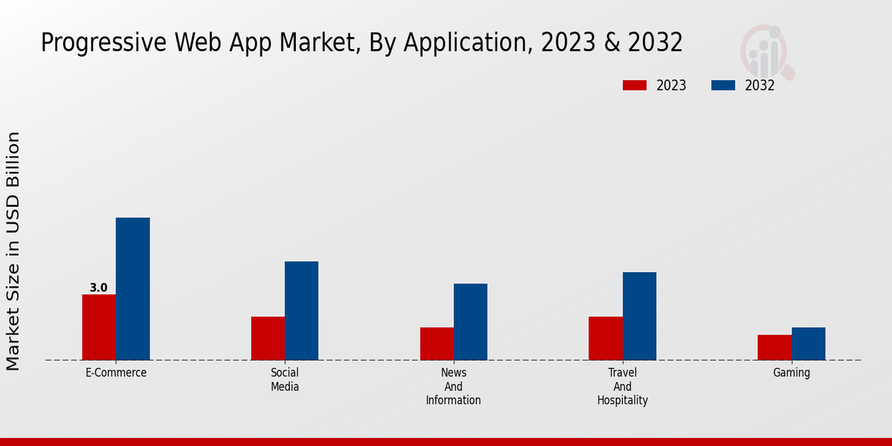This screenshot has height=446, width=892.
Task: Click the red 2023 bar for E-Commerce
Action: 99,327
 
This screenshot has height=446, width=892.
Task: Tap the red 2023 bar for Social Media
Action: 268,338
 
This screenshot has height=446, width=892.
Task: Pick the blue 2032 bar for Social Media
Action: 301,311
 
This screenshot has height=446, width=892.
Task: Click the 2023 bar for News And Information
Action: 436,343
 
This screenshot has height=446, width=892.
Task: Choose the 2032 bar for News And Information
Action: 471,322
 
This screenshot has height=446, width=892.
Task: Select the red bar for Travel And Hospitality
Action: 605,338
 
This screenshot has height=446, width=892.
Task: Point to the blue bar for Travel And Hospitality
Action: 639,316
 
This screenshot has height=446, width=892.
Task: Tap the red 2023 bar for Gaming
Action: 775,347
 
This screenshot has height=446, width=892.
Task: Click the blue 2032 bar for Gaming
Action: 808,343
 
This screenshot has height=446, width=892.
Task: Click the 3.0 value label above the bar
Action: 98,288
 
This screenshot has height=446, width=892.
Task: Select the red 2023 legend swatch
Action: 634,85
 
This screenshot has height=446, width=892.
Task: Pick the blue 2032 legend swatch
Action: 723,85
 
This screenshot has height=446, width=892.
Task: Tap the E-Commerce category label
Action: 116,372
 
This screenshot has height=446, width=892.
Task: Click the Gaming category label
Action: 791,372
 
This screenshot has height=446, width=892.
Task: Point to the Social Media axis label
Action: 285,379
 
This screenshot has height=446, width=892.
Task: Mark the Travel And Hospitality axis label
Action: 622,386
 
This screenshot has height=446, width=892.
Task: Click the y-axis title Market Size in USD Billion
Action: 13,251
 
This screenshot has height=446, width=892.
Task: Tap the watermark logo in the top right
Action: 766,51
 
